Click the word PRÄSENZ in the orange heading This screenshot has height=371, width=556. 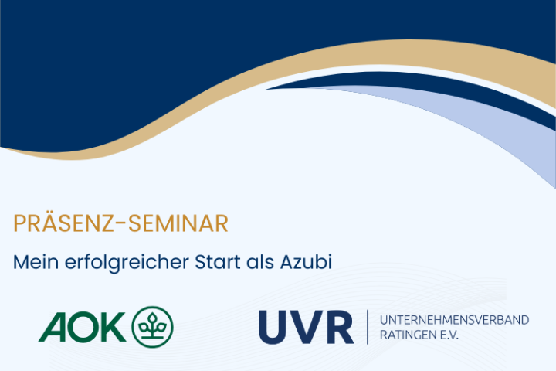click(63, 223)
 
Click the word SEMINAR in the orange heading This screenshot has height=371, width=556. click(178, 223)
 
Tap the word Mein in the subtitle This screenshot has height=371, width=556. click(36, 262)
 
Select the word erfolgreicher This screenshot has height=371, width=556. click(127, 263)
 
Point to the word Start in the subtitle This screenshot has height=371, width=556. click(217, 262)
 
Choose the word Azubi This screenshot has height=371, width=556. click(306, 262)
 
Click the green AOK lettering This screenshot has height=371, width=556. click(83, 327)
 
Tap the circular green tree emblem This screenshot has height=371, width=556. click(152, 327)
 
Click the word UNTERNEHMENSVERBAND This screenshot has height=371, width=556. click(454, 320)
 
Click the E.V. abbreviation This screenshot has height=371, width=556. click(449, 335)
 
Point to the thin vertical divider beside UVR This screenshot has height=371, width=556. click(367, 327)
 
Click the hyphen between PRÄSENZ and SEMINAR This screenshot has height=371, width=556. click(120, 223)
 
